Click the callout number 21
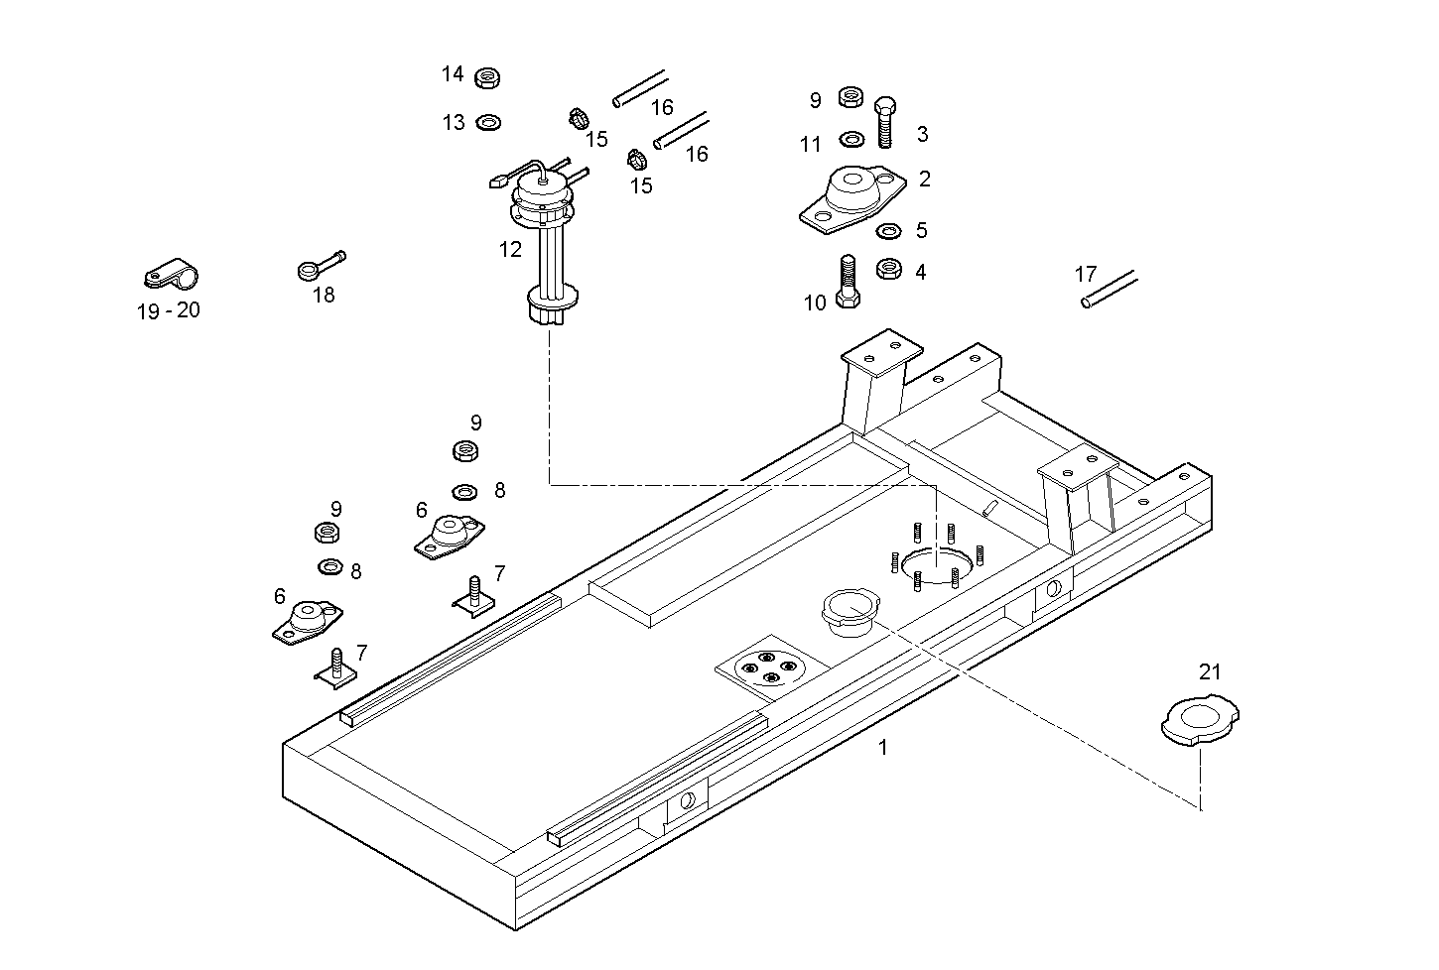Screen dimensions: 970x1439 pos(1210,671)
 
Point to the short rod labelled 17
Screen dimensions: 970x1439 pos(1110,288)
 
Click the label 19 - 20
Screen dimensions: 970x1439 pos(168,310)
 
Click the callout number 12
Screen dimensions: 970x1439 pos(510,250)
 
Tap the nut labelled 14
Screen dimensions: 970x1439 pos(486,77)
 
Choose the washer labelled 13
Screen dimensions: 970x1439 pos(488,122)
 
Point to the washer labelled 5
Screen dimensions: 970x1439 pos(888,231)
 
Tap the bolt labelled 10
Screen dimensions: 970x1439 pos(847,283)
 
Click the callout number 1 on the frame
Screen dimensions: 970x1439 pos(882,747)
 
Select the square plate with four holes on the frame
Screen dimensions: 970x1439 pos(767,666)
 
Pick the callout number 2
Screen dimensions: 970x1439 pos(924,179)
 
